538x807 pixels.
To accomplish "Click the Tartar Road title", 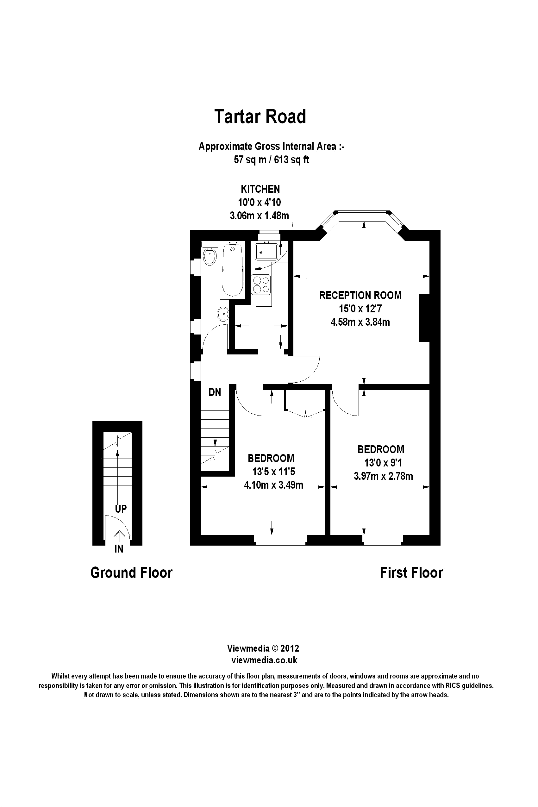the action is click(260, 117).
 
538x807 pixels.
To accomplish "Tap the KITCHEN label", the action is click(260, 189).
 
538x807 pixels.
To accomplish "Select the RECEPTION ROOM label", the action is click(360, 295).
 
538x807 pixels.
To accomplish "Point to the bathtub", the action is click(233, 269).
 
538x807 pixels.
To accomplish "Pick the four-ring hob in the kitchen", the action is click(261, 285).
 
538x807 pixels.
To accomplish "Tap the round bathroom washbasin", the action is click(223, 313).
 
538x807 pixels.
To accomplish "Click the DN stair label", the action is click(215, 392).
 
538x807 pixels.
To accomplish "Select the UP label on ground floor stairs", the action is click(121, 509).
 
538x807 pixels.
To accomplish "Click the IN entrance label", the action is click(119, 549).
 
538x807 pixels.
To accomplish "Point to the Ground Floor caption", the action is click(131, 573).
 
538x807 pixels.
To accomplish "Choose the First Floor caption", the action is click(411, 573).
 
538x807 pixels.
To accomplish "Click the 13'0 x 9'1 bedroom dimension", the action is click(383, 463).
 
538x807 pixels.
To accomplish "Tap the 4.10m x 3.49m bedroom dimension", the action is click(273, 485).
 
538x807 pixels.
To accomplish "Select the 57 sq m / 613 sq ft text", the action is click(272, 160).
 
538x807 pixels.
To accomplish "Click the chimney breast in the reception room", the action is click(424, 318).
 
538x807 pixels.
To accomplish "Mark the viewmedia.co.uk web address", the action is click(264, 660).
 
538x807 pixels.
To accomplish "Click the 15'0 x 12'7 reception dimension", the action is click(360, 309).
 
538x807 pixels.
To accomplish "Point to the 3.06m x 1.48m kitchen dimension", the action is click(260, 216).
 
